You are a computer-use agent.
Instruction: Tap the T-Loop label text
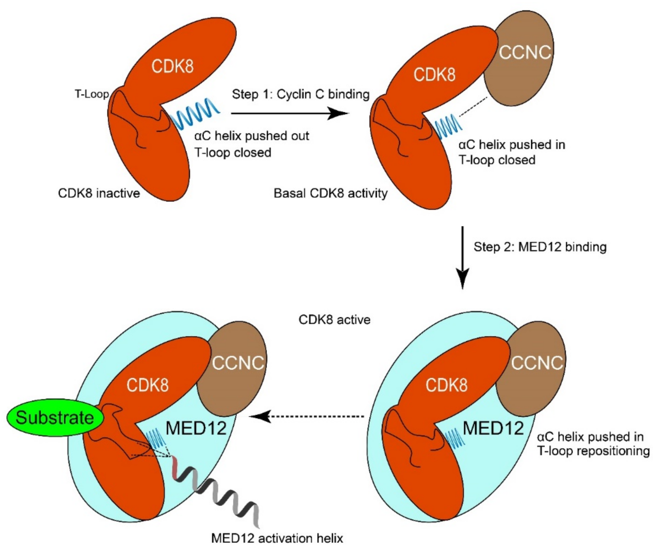(92, 94)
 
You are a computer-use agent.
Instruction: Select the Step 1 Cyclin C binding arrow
(290, 113)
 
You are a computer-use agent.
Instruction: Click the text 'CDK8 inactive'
(99, 193)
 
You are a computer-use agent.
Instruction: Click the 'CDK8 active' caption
(334, 320)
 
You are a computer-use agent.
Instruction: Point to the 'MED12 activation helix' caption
(277, 538)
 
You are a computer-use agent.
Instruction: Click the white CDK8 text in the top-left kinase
(173, 66)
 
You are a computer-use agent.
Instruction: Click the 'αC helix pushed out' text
(252, 136)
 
